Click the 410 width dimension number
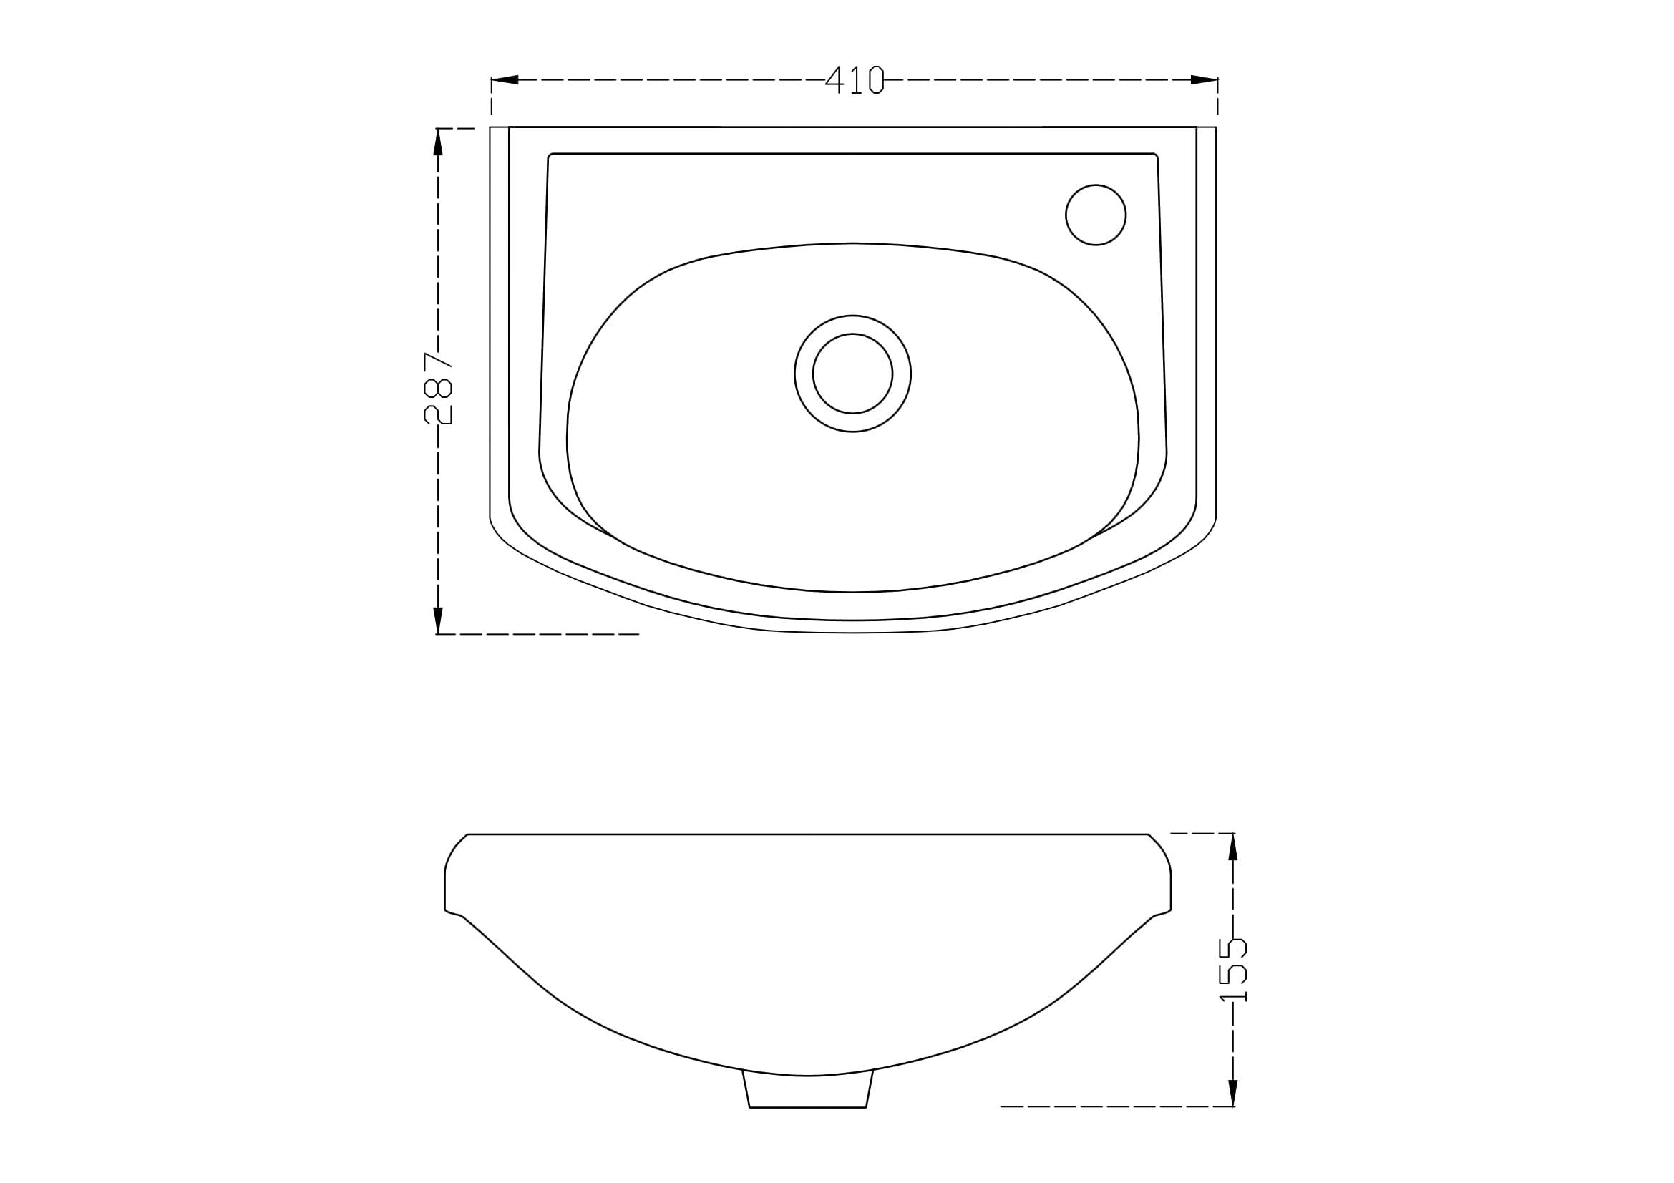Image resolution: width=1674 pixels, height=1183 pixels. point(855,80)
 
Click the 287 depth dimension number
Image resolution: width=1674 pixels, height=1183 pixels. point(437,388)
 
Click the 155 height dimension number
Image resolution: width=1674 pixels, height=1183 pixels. point(1233,970)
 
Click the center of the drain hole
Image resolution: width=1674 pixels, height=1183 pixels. point(852,373)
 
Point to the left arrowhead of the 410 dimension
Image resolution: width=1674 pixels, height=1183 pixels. point(505,79)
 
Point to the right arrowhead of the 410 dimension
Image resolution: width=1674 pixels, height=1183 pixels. point(1204,79)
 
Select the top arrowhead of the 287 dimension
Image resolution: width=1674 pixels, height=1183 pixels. point(438,142)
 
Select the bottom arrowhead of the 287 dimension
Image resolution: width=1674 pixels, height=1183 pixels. point(438,620)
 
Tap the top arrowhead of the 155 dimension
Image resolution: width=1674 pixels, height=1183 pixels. point(1233,847)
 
